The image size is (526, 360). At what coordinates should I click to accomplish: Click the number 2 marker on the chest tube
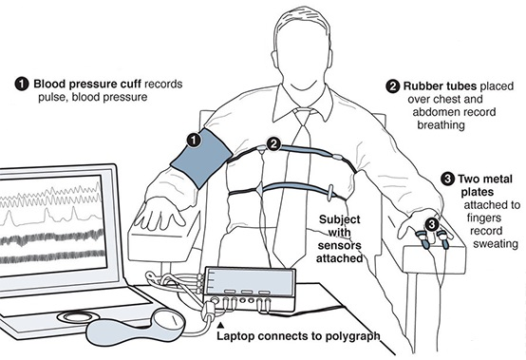tap(272, 144)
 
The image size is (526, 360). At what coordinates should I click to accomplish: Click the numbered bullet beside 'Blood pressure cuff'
tap(21, 84)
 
